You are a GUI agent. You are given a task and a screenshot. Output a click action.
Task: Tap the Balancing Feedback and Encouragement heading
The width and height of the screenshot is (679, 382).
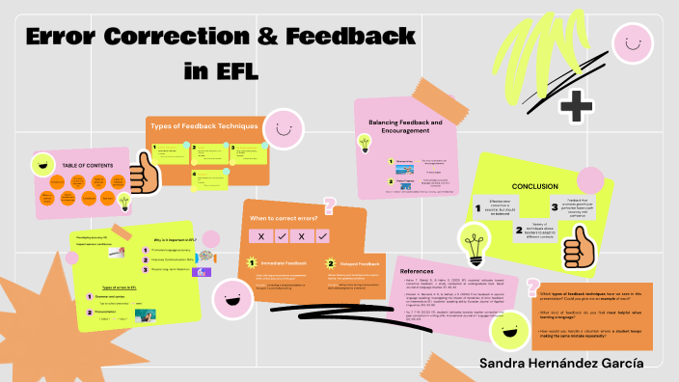tap(405, 127)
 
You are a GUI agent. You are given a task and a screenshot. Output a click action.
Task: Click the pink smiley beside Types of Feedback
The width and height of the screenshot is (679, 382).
tap(282, 128)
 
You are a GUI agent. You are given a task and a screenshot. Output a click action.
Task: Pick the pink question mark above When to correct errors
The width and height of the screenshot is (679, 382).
tap(330, 205)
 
